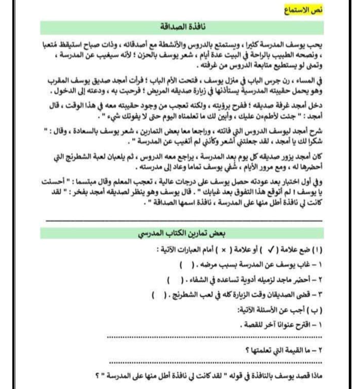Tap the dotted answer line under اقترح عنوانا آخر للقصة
click(x=215, y=336)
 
